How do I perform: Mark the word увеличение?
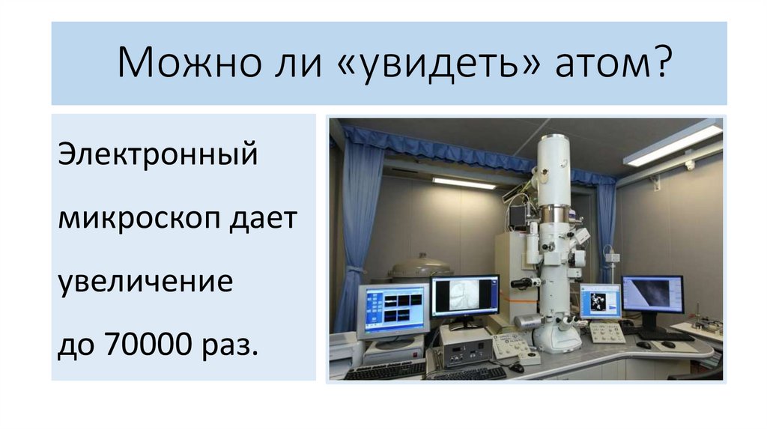tap(145, 284)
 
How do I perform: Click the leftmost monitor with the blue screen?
tap(392, 309)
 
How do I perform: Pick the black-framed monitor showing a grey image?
tap(464, 297)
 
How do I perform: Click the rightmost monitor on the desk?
tap(652, 294)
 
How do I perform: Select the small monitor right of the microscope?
tap(601, 300)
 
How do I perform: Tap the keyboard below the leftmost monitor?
tap(385, 369)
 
